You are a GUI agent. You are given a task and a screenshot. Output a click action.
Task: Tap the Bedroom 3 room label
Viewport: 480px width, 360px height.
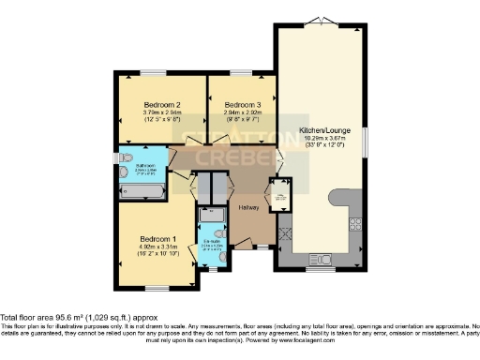click(x=242, y=105)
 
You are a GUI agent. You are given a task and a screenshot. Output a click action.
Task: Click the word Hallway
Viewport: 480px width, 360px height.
click(x=248, y=206)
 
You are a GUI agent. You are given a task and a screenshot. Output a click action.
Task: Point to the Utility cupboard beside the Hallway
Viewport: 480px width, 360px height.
click(x=278, y=195)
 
